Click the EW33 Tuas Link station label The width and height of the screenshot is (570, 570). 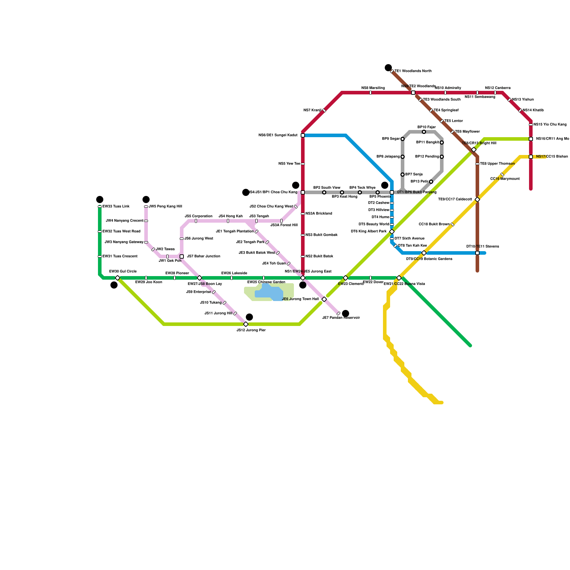pos(116,207)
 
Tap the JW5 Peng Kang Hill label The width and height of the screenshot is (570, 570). pos(165,207)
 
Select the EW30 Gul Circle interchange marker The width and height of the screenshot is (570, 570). pos(118,278)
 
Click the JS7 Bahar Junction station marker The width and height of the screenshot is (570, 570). pos(182,256)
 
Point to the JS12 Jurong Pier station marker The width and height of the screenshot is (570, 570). pos(246,324)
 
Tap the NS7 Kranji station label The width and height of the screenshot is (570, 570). pos(312,110)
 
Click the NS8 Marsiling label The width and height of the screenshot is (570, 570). pos(373,88)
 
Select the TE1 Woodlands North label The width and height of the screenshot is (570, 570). pos(413,71)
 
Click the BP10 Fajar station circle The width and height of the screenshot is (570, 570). pos(424,132)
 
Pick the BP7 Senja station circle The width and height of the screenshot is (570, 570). pos(403,175)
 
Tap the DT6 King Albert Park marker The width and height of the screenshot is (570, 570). pos(392,232)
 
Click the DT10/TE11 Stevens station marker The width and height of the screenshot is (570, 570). pos(477,253)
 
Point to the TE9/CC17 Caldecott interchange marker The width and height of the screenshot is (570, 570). pos(477,199)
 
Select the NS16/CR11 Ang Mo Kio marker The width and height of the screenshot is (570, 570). pos(531,139)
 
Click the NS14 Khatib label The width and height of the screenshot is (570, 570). pos(533,110)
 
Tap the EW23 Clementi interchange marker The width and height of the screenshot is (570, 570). pos(346,278)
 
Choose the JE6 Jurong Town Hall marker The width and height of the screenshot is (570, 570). pos(324,299)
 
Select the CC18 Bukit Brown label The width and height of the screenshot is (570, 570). pos(434,224)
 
